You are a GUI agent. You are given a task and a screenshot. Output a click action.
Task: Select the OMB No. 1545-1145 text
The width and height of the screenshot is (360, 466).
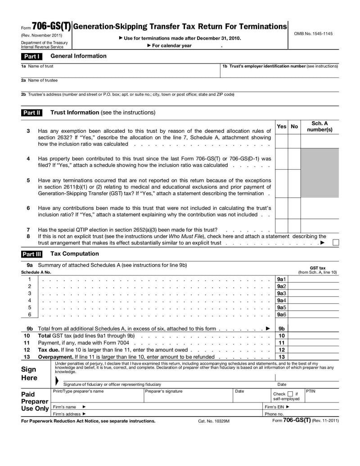(313, 34)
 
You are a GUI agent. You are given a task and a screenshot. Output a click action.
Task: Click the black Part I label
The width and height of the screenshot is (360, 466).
(31, 56)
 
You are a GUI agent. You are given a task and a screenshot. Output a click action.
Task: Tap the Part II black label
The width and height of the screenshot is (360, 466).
(32, 113)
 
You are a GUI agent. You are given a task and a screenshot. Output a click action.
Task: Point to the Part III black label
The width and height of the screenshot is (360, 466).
(32, 254)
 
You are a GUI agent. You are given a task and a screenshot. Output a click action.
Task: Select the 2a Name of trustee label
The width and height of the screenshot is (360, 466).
(39, 80)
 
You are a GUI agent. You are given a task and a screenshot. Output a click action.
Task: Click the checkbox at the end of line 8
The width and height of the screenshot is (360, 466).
(336, 243)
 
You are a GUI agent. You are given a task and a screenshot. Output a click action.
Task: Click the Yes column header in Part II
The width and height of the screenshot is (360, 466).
(281, 127)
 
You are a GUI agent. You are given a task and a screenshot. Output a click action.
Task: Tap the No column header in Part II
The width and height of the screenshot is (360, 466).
(294, 127)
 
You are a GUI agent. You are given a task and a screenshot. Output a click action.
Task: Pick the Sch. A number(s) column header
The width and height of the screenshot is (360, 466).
(319, 127)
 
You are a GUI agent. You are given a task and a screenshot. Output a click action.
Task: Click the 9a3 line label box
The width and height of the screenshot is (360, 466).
(282, 294)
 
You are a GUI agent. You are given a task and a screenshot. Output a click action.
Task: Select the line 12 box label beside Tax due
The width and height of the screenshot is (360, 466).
(282, 350)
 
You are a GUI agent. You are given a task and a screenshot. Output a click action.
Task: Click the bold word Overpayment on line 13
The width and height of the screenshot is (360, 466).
(55, 357)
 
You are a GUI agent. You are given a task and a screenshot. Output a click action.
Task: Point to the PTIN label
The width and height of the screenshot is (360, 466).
(311, 391)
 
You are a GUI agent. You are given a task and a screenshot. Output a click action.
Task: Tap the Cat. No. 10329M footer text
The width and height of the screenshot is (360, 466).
(214, 421)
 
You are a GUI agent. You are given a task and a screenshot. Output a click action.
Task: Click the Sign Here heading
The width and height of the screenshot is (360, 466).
(29, 373)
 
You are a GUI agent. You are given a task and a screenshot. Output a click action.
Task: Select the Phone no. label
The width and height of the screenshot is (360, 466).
(274, 414)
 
